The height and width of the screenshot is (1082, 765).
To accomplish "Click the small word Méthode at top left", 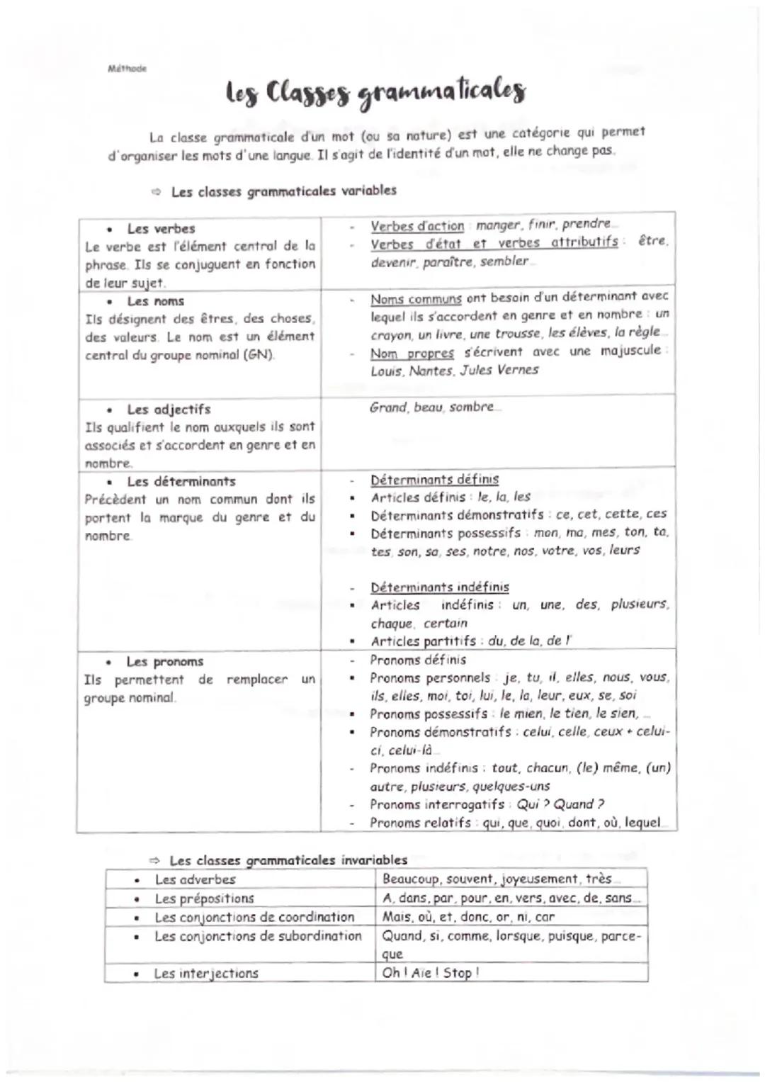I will coord(127,69).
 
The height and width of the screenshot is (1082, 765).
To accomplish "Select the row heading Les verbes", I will coord(161,229).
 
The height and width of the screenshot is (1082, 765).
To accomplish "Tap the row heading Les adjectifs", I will coord(169,410).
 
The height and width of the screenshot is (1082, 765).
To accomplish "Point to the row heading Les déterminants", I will coord(181,482).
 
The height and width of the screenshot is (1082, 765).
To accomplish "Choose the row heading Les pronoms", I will coord(164,662).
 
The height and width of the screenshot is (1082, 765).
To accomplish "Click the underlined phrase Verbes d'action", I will coord(417,226).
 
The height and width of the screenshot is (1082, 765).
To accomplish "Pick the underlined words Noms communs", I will coord(416,299).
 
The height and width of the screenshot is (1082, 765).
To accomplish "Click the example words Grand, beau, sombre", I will coord(431,407).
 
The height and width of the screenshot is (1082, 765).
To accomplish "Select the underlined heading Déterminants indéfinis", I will coord(439,587).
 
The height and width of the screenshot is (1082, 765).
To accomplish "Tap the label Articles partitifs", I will coord(424,641).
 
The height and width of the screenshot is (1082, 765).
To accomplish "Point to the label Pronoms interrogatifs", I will coord(437,805).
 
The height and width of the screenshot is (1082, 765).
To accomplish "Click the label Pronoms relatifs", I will coord(420,823).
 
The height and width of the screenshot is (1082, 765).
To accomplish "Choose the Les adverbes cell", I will coord(195,880).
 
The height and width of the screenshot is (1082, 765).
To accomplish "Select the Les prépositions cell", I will coord(204,898).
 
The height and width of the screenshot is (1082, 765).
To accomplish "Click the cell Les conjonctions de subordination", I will coord(258,936).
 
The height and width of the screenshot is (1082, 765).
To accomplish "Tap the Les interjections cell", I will coord(206,974).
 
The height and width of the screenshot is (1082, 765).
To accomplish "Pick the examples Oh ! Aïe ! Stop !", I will coord(431,973).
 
